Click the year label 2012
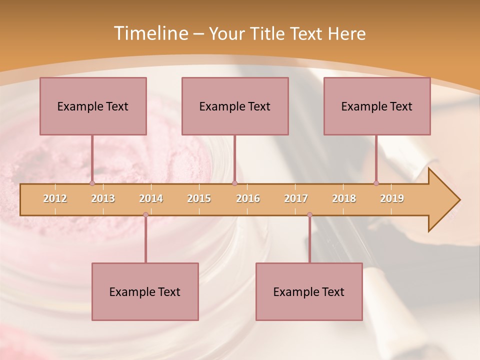pos(55,198)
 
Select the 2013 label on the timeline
pos(103,198)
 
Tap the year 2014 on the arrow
pos(151,198)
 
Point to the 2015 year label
pos(199,198)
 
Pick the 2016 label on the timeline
pos(248,198)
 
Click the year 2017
pos(296,198)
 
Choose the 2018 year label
pos(344,198)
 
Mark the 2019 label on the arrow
pos(392,198)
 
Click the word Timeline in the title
pos(150,33)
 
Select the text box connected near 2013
pos(93,106)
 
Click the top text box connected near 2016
pos(235,106)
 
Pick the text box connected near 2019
pos(377,106)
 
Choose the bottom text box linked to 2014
pos(145,291)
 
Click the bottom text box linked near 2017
pos(309,291)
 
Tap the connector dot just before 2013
pos(92,183)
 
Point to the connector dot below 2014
pos(145,214)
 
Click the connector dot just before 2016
pos(234,183)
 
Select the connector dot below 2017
pos(309,214)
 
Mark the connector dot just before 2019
pos(376,183)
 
